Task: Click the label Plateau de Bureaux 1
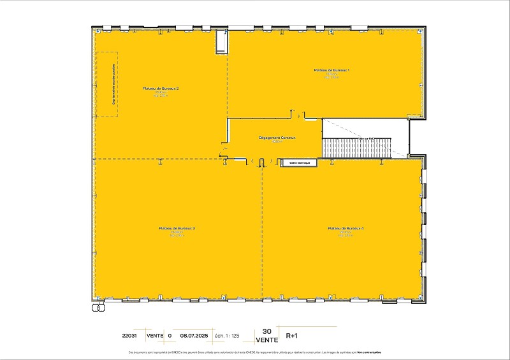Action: [332, 69]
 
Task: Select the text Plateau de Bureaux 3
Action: [177, 227]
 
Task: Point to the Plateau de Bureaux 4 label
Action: [346, 227]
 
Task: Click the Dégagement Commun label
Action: [277, 137]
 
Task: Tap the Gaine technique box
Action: [300, 162]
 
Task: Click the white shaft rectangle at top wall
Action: [221, 42]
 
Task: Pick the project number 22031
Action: [129, 335]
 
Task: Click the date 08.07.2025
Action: [194, 335]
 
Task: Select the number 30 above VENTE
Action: [267, 331]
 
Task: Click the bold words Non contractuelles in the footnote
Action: [368, 352]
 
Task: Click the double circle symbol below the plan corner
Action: [98, 307]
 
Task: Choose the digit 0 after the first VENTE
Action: [170, 335]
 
